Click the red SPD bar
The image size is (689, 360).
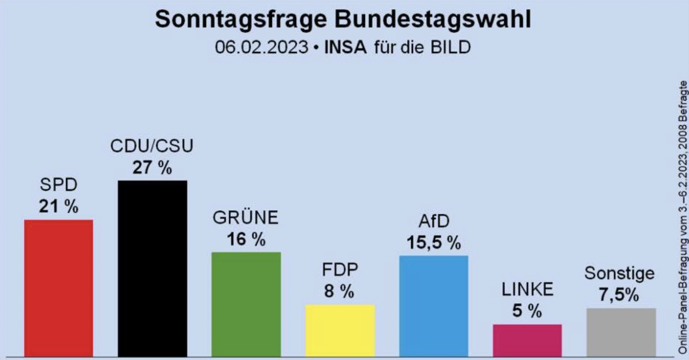[58, 287]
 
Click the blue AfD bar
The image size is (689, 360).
[433, 305]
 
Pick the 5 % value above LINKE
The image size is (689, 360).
[527, 311]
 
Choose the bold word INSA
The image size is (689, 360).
[345, 47]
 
